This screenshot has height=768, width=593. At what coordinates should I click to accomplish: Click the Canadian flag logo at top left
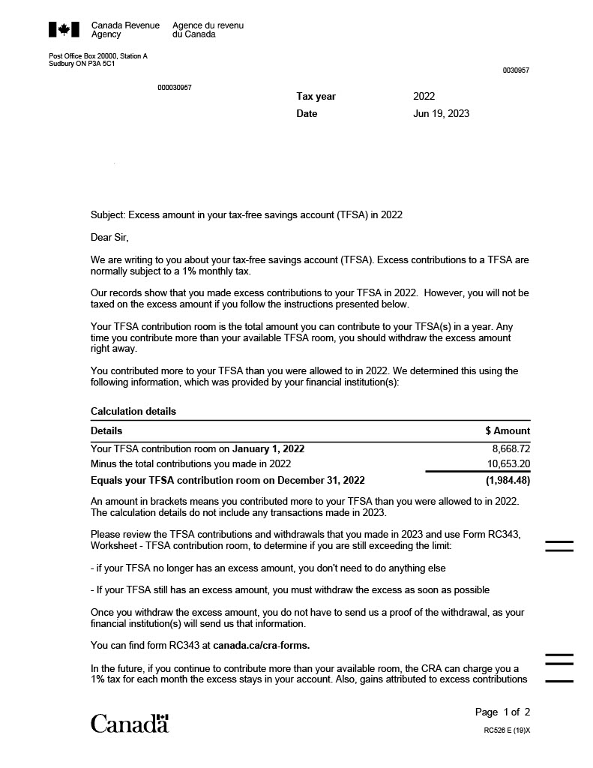(x=64, y=29)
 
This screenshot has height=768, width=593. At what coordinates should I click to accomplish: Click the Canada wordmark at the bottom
(x=130, y=724)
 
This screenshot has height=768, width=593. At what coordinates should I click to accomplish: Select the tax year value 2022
(x=424, y=96)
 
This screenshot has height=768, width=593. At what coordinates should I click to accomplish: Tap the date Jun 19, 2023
(x=441, y=113)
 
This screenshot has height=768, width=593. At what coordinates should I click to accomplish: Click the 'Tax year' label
(x=316, y=96)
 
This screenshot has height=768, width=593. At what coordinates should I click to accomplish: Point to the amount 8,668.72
(x=511, y=448)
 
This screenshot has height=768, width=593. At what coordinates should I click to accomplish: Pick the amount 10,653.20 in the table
(x=508, y=464)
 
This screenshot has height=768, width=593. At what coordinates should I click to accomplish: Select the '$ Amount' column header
(x=508, y=430)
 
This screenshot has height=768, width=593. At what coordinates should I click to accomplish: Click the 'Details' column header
(x=106, y=430)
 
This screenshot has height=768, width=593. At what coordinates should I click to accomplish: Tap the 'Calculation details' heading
(x=133, y=411)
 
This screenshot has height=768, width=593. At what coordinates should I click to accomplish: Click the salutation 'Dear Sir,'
(x=109, y=237)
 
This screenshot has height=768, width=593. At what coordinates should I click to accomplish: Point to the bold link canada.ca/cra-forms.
(x=261, y=645)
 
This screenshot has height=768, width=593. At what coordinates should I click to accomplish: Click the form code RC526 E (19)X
(x=507, y=730)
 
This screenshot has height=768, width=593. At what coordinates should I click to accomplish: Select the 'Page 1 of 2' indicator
(x=502, y=712)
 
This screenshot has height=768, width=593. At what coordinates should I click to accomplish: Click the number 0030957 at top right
(x=516, y=70)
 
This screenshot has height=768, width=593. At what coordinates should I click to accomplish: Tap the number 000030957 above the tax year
(x=174, y=88)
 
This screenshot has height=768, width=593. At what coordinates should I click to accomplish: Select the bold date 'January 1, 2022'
(x=268, y=448)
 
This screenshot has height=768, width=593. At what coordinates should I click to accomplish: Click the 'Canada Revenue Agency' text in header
(x=125, y=30)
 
